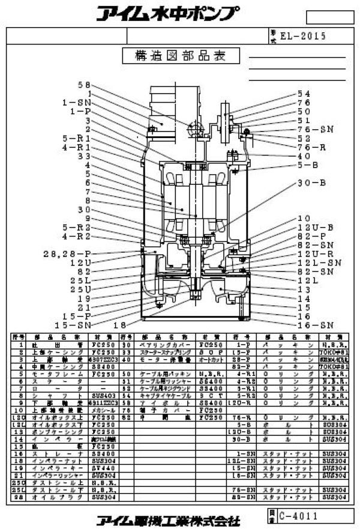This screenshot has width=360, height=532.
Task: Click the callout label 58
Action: pyautogui.click(x=83, y=85)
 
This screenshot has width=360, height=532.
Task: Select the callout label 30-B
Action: pyautogui.click(x=311, y=182)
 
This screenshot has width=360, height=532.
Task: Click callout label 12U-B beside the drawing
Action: pyautogui.click(x=311, y=228)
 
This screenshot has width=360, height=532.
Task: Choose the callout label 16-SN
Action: pyautogui.click(x=314, y=324)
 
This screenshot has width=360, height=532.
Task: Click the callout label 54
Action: pyautogui.click(x=304, y=94)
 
